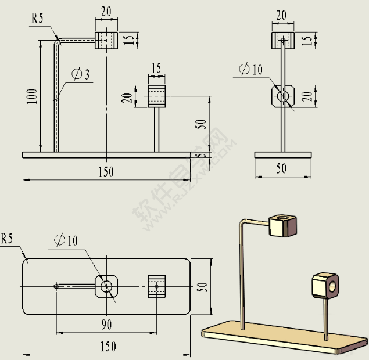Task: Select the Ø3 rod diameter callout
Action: tap(80, 74)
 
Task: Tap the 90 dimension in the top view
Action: tap(106, 324)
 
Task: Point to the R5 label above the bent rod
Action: tap(37, 18)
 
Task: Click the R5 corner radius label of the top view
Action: tap(7, 238)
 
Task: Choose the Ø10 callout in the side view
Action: tap(250, 70)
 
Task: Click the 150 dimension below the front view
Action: tap(106, 172)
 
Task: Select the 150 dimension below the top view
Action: tap(108, 347)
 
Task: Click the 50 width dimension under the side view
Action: tap(281, 169)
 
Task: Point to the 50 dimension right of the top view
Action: tap(203, 287)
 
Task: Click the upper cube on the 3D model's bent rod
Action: tap(283, 225)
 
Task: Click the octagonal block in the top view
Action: tap(106, 286)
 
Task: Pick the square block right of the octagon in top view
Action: tap(156, 286)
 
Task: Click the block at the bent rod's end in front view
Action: tap(106, 40)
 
